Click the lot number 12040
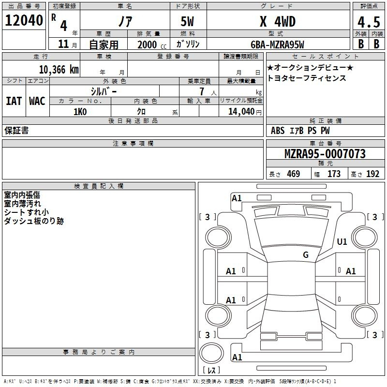pos(24,21)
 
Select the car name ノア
pos(124,22)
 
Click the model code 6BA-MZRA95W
pos(277,45)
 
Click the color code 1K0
pos(80,112)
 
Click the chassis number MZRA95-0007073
pos(325,154)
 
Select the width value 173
pos(334,174)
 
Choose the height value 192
pos(372,174)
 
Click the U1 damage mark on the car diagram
pos(342,242)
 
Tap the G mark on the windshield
pos(305,255)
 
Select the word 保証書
pos(16,131)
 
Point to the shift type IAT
pos(14,101)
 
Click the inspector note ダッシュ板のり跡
pos(33,221)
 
